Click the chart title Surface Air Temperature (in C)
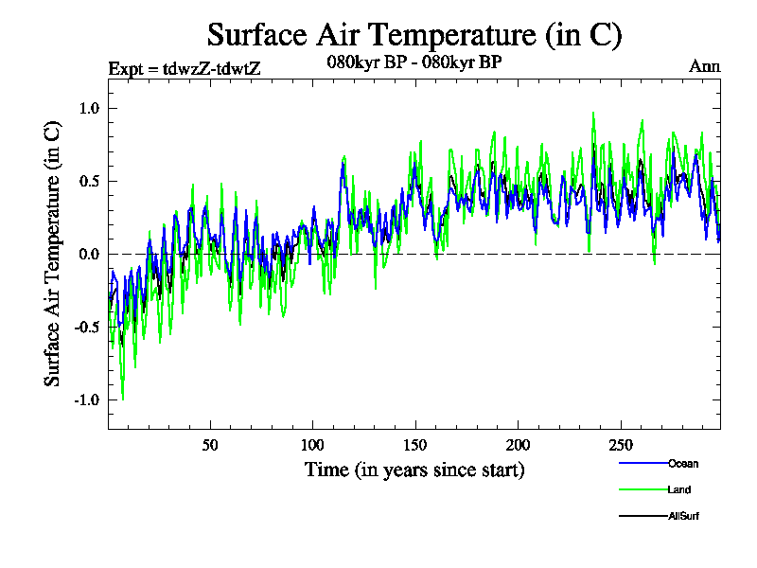tap(414, 35)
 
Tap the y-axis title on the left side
tap(53, 253)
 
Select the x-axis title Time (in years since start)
tap(414, 470)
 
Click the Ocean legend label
tap(683, 464)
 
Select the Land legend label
tap(679, 489)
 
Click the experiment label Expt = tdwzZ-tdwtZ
tap(184, 67)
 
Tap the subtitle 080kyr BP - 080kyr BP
tap(414, 63)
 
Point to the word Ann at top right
tap(705, 66)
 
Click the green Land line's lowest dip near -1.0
tap(122, 399)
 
